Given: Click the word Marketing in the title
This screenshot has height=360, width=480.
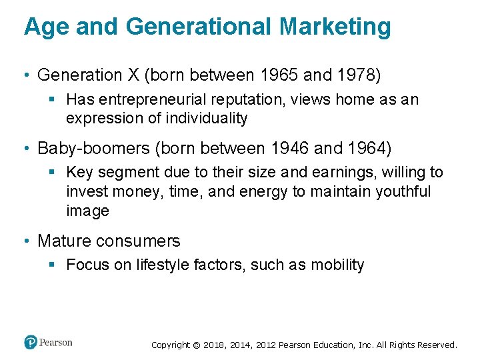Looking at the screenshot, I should pos(335,27).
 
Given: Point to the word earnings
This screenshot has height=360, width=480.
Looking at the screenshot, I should pos(348,173).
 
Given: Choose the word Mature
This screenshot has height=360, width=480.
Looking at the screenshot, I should pos(63,241).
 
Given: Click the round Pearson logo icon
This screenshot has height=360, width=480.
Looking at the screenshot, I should pos(31,342).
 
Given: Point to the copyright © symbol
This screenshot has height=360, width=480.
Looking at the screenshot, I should pos(195,345).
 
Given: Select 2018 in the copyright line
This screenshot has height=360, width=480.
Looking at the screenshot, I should pos(214,345).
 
